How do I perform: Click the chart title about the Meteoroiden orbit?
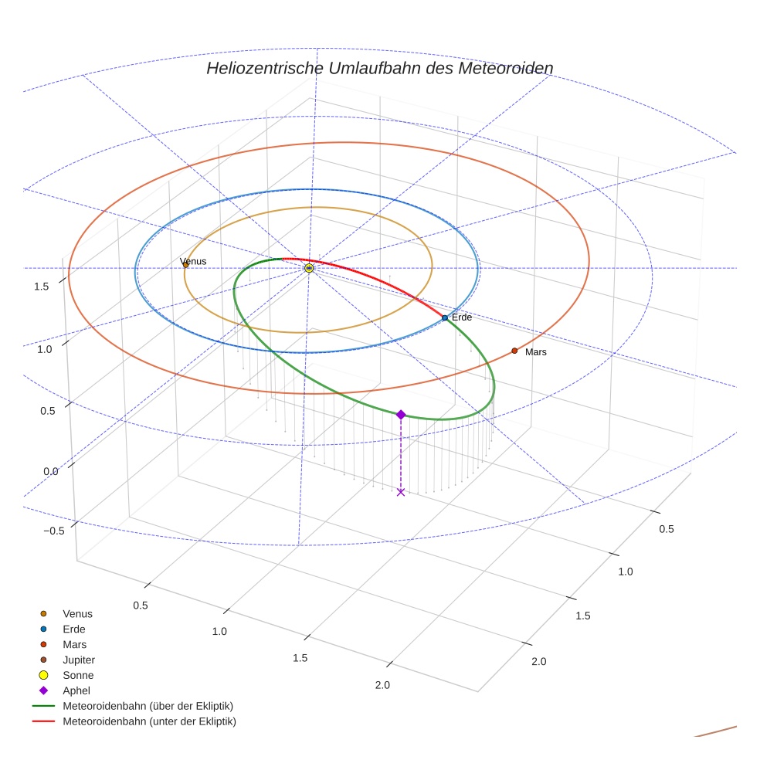coord(379,68)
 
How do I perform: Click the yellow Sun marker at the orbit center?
coord(309,268)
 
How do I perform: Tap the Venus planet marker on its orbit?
coord(185,266)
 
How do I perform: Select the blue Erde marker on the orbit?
coord(445,317)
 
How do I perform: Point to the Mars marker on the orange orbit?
coord(514,351)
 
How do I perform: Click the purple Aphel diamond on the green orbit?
coord(401,415)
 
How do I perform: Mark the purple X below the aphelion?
coord(401,492)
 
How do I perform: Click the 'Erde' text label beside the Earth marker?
coord(462,317)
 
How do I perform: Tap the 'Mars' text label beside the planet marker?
coord(536,351)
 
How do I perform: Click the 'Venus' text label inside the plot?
coord(193,261)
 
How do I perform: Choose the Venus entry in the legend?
coord(77,613)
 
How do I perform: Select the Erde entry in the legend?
coord(74,629)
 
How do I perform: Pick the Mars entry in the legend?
coord(75,644)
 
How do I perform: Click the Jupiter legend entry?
coord(79,660)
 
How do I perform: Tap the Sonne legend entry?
coord(78,675)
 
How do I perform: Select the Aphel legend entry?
coord(76,690)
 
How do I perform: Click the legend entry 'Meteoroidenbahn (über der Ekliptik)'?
coord(148,706)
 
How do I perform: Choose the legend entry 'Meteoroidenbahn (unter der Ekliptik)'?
coord(149,721)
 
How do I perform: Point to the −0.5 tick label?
coord(53,531)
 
